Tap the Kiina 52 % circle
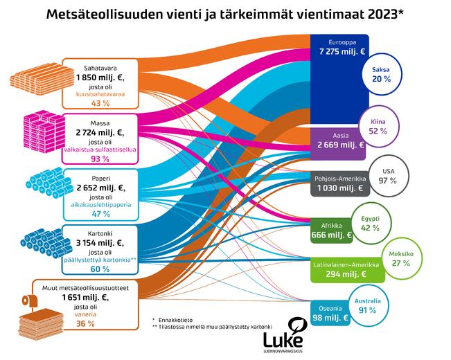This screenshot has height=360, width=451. [x=378, y=125]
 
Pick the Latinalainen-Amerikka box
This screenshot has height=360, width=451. [x=345, y=269]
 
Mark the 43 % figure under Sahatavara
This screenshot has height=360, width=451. [x=100, y=104]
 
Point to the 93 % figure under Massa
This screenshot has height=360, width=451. [x=100, y=159]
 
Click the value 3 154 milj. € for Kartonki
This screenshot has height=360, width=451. [x=100, y=242]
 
